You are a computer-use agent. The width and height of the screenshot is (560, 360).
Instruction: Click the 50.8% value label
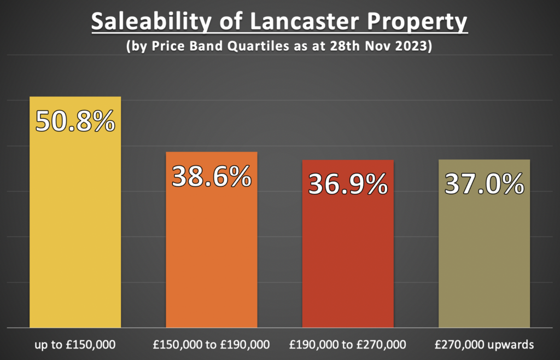coord(75,121)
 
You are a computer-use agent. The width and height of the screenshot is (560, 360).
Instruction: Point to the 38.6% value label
coord(211,176)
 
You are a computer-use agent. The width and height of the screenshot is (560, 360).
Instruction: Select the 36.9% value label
coord(347,184)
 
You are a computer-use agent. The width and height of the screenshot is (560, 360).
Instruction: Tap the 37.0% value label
coord(484,184)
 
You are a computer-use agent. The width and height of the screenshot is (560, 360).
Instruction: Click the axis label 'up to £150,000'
coord(75,345)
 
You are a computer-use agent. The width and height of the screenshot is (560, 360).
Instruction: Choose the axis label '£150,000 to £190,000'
coord(211,345)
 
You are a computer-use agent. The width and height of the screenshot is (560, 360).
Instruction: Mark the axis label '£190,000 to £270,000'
coord(347,345)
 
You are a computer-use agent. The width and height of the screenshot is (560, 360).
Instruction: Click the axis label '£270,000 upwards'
coord(484,345)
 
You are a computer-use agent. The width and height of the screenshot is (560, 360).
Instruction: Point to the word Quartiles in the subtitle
coord(263,47)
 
